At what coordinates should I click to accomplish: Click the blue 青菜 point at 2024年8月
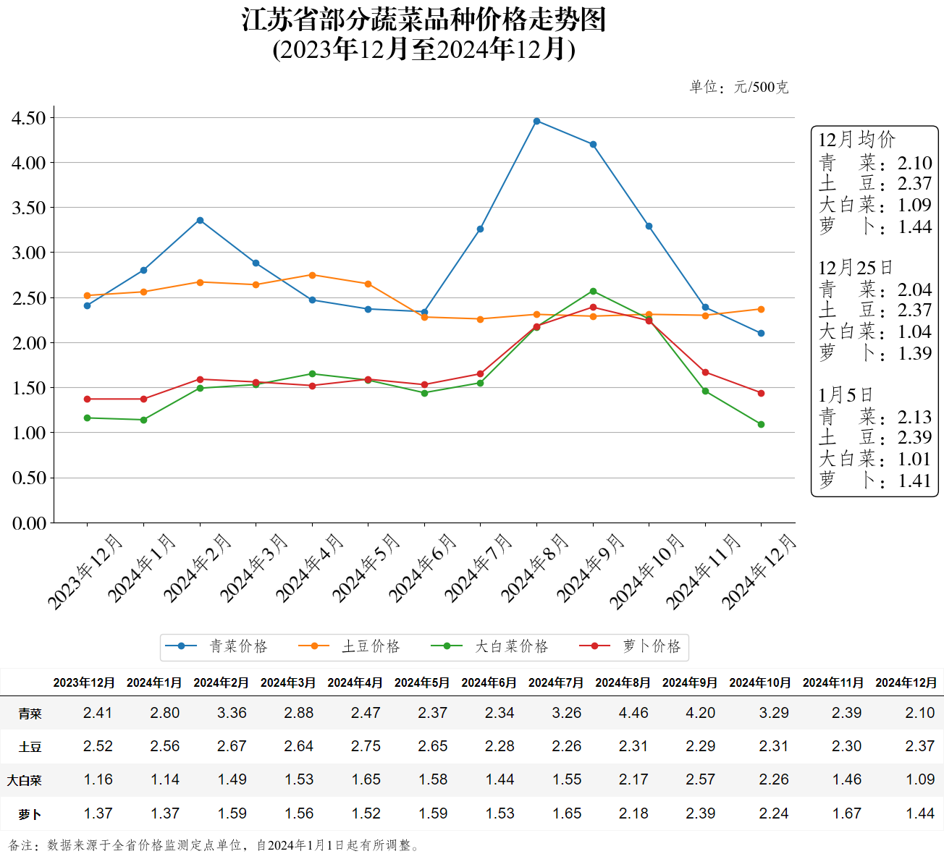pyautogui.click(x=536, y=121)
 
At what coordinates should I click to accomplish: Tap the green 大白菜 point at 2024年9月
pyautogui.click(x=593, y=291)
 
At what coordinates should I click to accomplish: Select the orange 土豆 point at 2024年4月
pyautogui.click(x=312, y=275)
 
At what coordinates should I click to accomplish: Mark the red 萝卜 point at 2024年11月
pyautogui.click(x=705, y=373)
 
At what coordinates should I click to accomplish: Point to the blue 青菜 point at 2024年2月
pyautogui.click(x=200, y=220)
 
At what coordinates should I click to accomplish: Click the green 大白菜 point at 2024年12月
pyautogui.click(x=761, y=424)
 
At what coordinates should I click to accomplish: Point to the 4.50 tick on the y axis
pyautogui.click(x=29, y=118)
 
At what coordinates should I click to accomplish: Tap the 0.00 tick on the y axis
pyautogui.click(x=29, y=523)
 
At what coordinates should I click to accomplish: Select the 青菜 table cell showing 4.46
pyautogui.click(x=633, y=713)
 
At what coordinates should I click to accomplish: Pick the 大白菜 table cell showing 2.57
pyautogui.click(x=700, y=779)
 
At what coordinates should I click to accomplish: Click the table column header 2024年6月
pyautogui.click(x=489, y=682)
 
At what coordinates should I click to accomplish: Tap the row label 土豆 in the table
pyautogui.click(x=30, y=747)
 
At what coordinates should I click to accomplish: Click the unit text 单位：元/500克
pyautogui.click(x=738, y=88)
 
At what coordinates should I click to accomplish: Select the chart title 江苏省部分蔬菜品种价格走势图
pyautogui.click(x=423, y=20)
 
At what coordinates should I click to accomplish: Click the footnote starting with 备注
pyautogui.click(x=214, y=845)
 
